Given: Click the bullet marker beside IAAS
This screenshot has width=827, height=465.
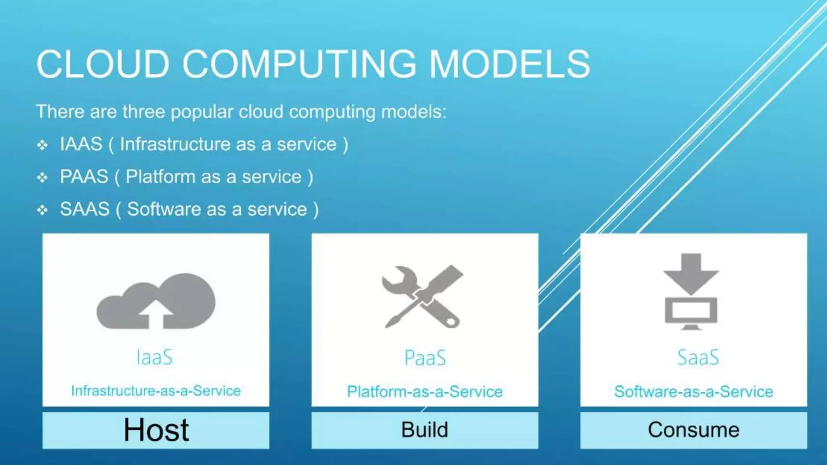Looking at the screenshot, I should pyautogui.click(x=42, y=145).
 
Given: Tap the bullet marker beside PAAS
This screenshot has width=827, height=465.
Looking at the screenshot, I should pyautogui.click(x=42, y=177).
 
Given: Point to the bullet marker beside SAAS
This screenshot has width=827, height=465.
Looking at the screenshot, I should pyautogui.click(x=42, y=210).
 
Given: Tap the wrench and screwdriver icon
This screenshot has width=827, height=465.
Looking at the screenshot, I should pyautogui.click(x=422, y=297).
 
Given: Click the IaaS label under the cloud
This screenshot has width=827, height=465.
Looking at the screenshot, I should pyautogui.click(x=155, y=357).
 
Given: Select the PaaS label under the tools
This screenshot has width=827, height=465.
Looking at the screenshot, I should pyautogui.click(x=425, y=358).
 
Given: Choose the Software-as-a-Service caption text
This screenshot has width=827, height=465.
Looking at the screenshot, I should pyautogui.click(x=693, y=392).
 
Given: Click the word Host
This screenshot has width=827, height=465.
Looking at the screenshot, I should pyautogui.click(x=156, y=430).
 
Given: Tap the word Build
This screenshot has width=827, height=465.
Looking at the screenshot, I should pyautogui.click(x=424, y=429).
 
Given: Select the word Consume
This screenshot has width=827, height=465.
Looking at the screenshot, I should pyautogui.click(x=693, y=429).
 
